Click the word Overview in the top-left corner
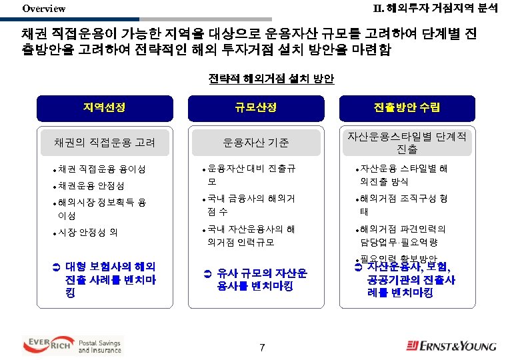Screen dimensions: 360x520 click(43, 9)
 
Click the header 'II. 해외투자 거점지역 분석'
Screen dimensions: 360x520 click(434, 8)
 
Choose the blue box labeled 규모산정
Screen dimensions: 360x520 click(255, 107)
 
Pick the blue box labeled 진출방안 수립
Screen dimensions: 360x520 click(407, 107)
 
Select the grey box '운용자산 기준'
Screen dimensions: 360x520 click(255, 142)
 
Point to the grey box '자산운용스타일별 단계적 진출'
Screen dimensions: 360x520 click(407, 141)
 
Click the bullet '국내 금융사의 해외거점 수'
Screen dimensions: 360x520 click(251, 205)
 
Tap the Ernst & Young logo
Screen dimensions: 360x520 click(452, 345)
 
